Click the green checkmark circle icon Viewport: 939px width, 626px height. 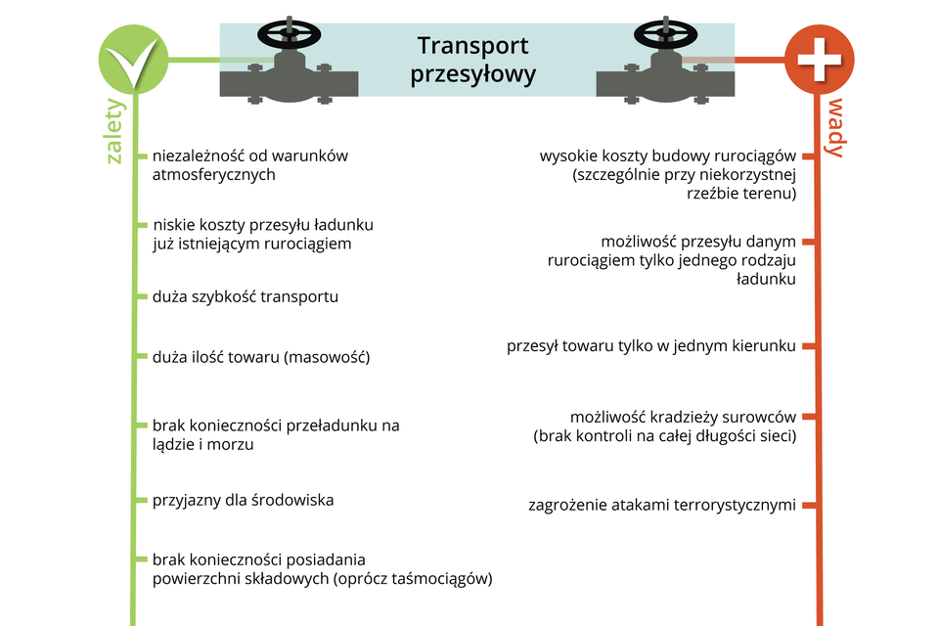133,60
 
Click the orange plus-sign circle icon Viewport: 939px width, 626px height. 819,60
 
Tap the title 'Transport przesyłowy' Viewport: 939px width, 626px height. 473,60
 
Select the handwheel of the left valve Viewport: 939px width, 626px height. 290,35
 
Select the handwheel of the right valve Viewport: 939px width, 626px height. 666,35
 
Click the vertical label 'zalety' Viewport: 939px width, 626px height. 115,130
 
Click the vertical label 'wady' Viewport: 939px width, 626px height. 835,127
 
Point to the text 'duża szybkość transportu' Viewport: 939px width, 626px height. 246,296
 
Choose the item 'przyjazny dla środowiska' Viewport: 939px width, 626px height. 244,500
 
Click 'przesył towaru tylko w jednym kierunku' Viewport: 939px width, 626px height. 651,346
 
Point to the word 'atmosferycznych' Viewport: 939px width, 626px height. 214,175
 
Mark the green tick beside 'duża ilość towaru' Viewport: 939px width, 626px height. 142,357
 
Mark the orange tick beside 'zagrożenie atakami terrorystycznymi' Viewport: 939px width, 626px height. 808,506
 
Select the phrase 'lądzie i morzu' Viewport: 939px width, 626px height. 203,444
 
